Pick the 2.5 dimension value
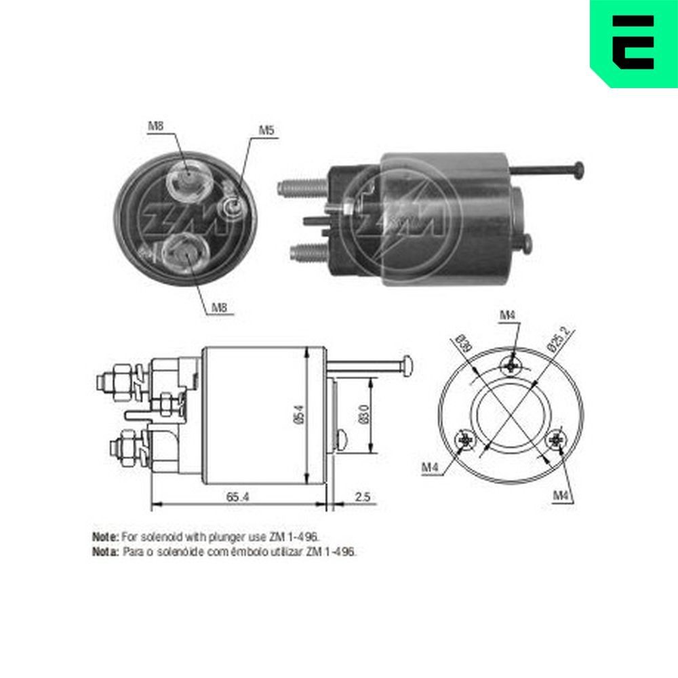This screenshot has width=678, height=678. pyautogui.click(x=363, y=497)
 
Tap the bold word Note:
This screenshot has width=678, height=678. pyautogui.click(x=105, y=536)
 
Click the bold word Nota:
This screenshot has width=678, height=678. pyautogui.click(x=106, y=552)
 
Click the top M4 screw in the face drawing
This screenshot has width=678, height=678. pyautogui.click(x=511, y=365)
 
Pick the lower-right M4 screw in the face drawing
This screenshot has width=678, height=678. pyautogui.click(x=556, y=441)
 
